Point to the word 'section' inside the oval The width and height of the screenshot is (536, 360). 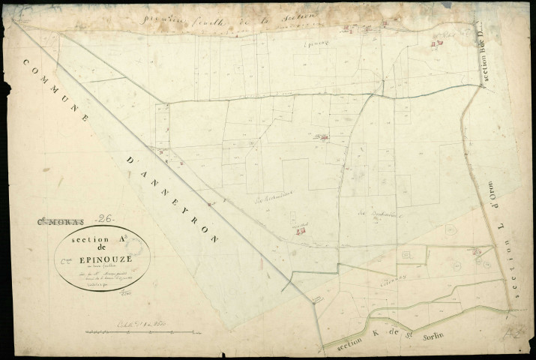coord(85,241)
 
